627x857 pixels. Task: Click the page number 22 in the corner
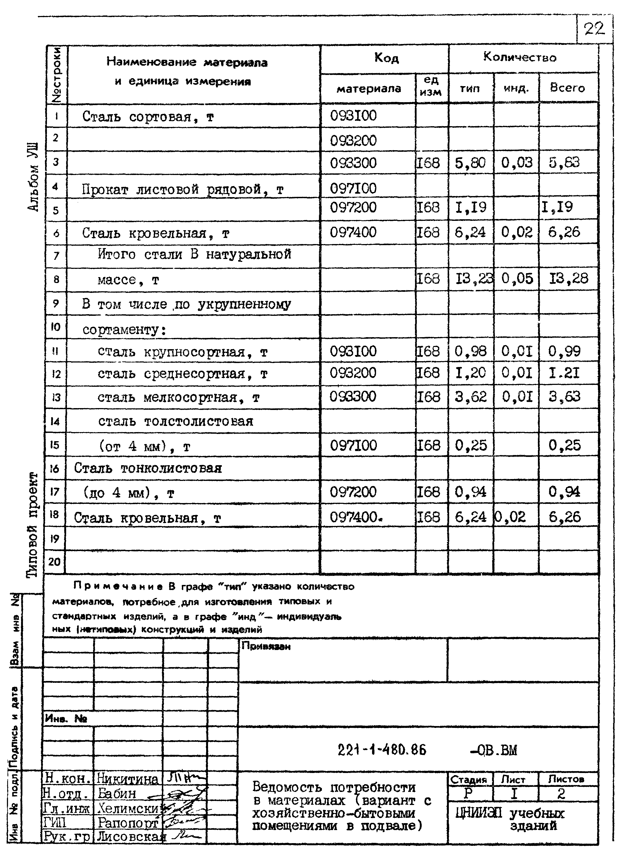coord(594,29)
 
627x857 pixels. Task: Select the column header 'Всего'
coord(568,88)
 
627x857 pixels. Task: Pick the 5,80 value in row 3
coord(470,163)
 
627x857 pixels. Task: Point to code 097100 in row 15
coord(353,445)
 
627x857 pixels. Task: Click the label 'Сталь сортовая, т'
coord(148,117)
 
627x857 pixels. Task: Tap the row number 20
coord(55,561)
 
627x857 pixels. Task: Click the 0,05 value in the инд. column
coord(517,279)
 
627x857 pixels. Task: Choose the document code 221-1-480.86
coord(382,750)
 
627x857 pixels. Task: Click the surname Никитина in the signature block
coord(128,779)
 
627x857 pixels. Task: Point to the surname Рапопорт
coord(128,823)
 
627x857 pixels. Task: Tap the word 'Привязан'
coord(266,646)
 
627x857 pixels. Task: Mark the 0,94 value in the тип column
coord(470,492)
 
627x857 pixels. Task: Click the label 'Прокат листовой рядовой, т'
coord(183,189)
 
